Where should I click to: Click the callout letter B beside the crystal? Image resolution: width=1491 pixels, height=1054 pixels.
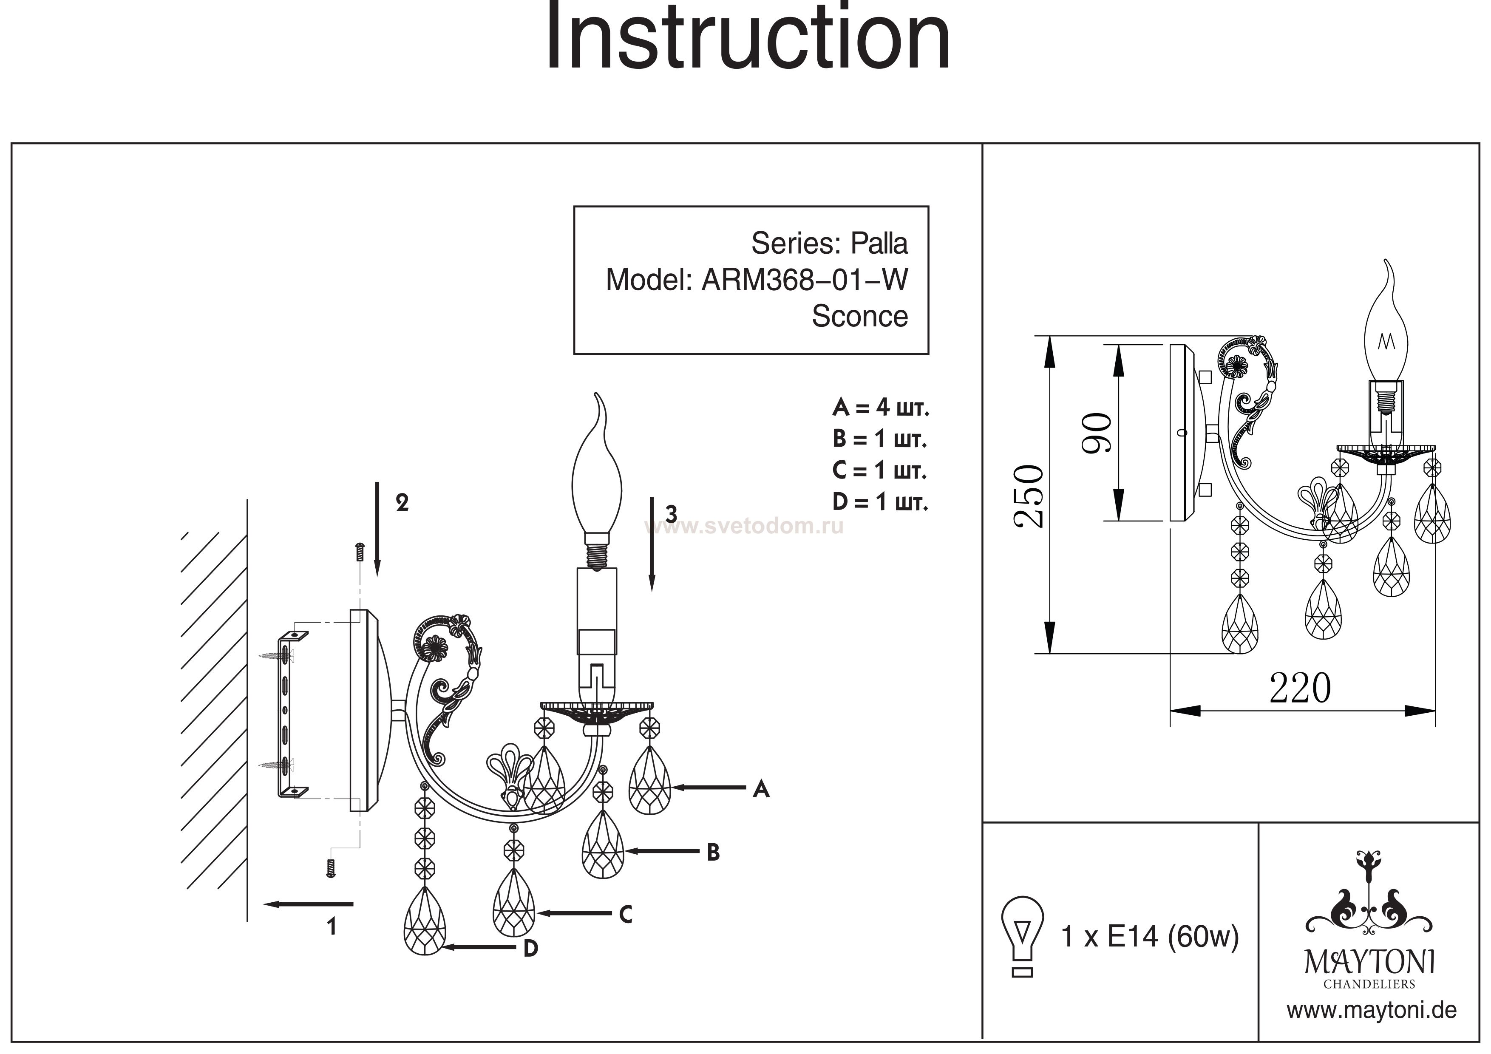[x=713, y=853]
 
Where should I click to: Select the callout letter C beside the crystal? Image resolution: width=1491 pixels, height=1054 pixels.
[x=625, y=914]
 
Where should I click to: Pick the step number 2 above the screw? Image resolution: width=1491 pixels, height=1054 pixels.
[x=402, y=503]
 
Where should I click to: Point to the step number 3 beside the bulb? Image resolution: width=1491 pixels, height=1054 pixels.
[x=672, y=514]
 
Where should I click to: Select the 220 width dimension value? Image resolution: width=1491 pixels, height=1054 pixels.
[x=1300, y=688]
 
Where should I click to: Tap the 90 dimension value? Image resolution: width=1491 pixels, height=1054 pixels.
[x=1097, y=433]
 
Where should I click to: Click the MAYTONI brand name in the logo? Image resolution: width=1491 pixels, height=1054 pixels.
[x=1369, y=963]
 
